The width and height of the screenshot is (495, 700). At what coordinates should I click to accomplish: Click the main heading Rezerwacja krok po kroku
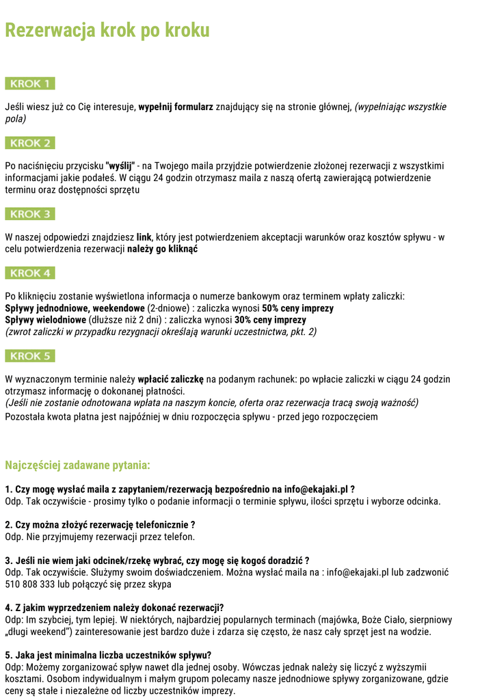107,31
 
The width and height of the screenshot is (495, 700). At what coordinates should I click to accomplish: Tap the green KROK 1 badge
30,84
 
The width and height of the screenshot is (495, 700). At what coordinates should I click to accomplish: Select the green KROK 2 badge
30,144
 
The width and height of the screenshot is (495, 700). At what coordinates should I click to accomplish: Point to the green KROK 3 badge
30,215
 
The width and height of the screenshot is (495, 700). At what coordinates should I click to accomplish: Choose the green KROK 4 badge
30,273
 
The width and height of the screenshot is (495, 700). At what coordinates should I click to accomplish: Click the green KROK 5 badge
30,356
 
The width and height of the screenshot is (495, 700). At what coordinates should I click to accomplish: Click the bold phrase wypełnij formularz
176,107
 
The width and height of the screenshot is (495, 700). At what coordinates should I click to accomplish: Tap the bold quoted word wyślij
120,166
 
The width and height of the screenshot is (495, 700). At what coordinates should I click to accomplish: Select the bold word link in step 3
144,238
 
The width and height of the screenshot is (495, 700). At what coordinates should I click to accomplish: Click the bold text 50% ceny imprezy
297,308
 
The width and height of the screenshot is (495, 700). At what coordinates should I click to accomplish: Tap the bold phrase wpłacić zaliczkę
171,379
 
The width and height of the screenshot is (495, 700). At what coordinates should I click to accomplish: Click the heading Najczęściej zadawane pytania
77,466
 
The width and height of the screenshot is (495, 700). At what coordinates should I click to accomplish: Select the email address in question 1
316,489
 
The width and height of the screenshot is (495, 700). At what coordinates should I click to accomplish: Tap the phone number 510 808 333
34,584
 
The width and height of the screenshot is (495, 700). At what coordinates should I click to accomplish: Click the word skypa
159,584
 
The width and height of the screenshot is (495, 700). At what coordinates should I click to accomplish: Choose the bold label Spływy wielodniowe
45,320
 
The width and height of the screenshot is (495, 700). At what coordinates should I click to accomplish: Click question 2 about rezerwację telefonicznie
100,525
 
